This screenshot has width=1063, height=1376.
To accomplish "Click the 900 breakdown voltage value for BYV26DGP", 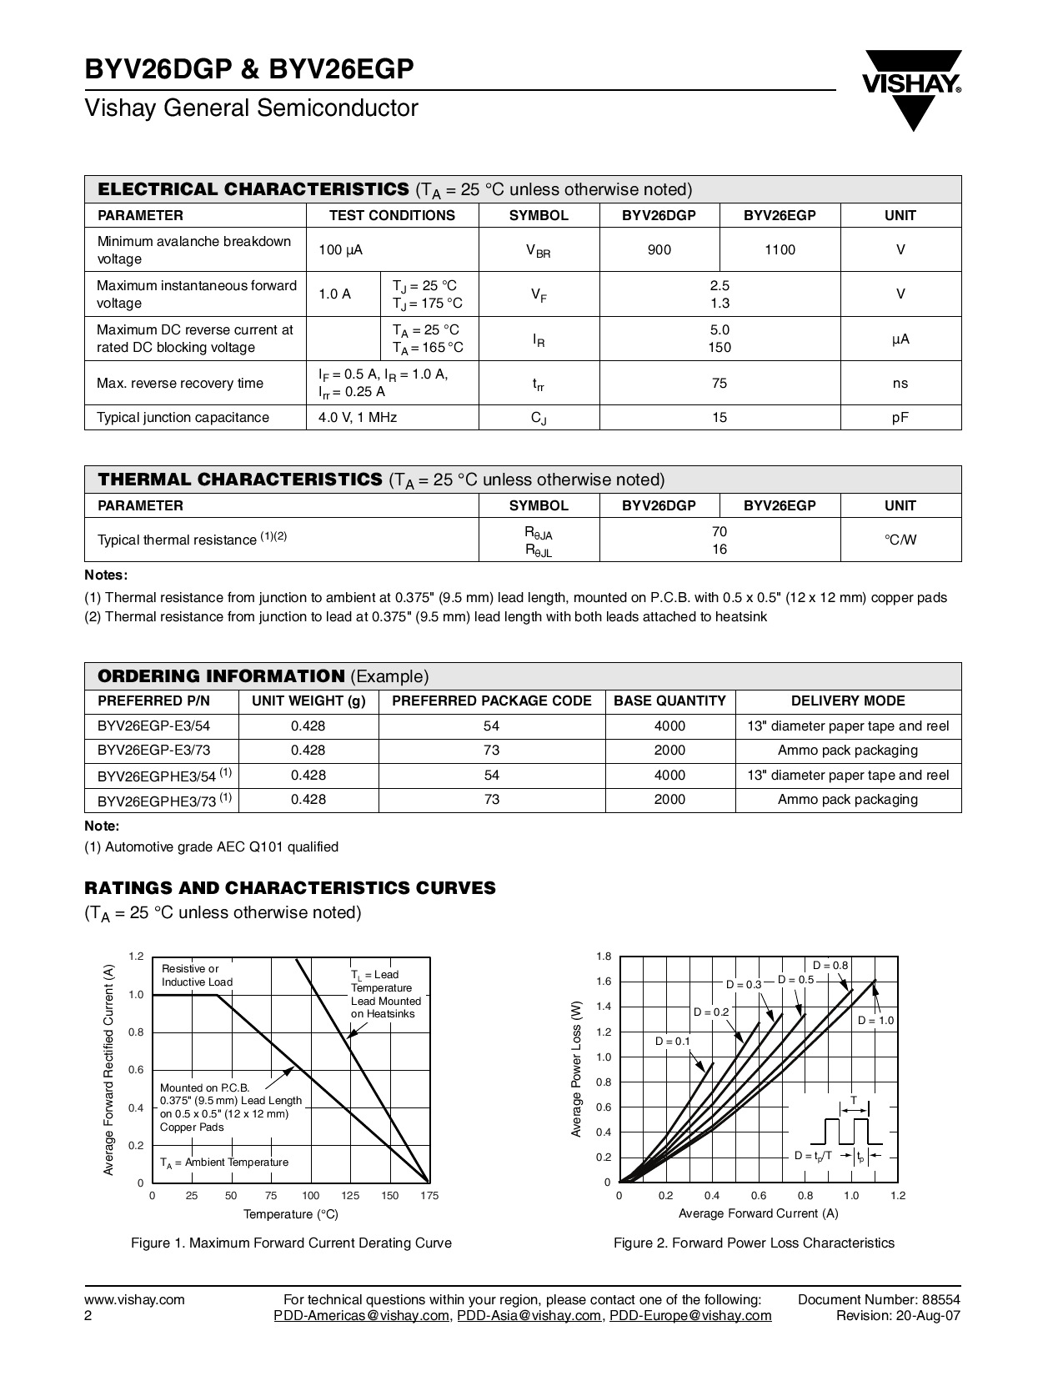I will [659, 249].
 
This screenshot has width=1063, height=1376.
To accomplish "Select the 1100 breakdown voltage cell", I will [780, 249].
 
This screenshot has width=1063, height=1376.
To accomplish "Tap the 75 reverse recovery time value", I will [720, 384].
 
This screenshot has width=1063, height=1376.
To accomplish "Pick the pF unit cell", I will [900, 418].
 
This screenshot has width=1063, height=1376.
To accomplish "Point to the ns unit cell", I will [900, 384].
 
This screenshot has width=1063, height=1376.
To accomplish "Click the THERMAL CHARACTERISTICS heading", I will [240, 480].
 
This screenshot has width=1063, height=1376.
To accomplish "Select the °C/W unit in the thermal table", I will [900, 540].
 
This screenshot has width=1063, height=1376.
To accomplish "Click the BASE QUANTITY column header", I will [669, 701].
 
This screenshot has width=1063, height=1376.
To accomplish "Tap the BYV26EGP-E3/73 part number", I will [154, 751].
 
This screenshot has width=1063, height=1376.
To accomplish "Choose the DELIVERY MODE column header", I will [848, 701].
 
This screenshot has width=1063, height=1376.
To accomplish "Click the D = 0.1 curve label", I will [673, 1041].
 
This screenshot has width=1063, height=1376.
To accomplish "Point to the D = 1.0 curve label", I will [875, 1021].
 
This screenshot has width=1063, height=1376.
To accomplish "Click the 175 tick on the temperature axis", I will [429, 1196].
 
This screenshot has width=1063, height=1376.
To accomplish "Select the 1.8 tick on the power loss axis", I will [604, 957].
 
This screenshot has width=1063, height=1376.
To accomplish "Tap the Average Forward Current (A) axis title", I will [758, 1213].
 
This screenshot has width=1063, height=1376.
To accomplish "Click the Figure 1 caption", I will [291, 1243].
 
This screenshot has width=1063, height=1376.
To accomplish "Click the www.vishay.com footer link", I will [134, 1299].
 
